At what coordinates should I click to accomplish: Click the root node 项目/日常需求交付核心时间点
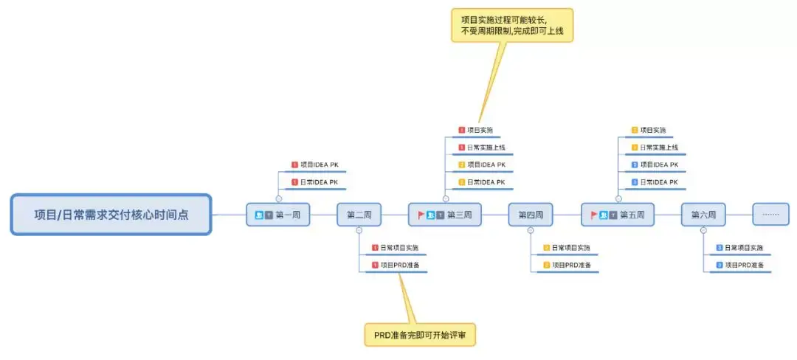[111, 215]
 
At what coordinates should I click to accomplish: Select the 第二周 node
[359, 215]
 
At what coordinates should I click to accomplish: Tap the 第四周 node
[530, 215]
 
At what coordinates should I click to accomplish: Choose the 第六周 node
[703, 215]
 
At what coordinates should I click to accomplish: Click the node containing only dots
[770, 215]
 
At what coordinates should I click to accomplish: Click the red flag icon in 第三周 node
[421, 215]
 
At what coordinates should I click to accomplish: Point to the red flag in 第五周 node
[594, 215]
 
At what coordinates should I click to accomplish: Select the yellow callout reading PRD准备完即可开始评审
[420, 335]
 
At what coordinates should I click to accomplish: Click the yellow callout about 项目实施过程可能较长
[511, 25]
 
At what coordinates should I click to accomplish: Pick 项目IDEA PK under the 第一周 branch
[319, 165]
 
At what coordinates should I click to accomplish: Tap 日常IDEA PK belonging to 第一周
[319, 181]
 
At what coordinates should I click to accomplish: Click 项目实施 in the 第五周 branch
[653, 131]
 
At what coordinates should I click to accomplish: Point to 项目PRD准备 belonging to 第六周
[744, 265]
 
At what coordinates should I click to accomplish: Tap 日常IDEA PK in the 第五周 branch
[659, 181]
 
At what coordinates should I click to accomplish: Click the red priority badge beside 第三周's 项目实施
[461, 131]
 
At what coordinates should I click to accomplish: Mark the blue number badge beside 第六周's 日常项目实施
[720, 248]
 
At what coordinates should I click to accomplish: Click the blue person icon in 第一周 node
[259, 215]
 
